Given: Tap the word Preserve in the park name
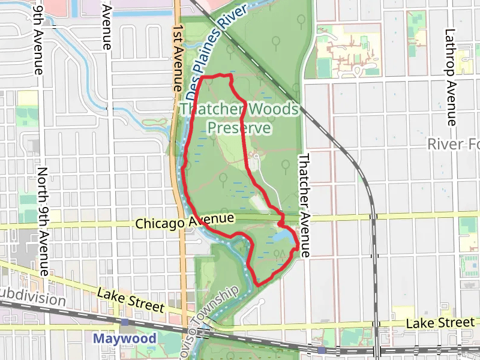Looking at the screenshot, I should click(239, 128).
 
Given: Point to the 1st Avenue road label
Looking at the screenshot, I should click(178, 58).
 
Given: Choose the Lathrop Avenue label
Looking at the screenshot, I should click(452, 77).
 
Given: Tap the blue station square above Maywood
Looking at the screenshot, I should click(125, 322).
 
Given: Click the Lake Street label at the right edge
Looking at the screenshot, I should click(440, 323).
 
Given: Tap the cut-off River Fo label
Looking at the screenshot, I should click(454, 145).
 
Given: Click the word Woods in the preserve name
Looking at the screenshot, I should click(272, 110).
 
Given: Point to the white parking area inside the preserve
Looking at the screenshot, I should click(257, 158).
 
